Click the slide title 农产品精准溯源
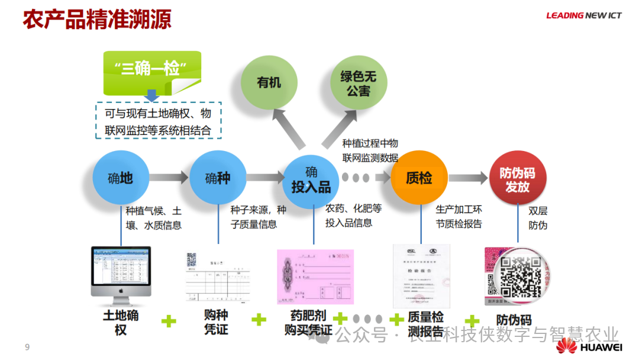point(97,19)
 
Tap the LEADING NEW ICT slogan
point(583,15)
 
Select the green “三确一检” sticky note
point(152,70)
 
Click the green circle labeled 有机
point(269,82)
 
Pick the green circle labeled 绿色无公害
point(359,82)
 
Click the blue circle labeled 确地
point(120,178)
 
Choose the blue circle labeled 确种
point(217,178)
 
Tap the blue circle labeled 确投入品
point(311,180)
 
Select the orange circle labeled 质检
point(419,178)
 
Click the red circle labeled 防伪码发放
point(517,179)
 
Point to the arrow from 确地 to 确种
point(169,178)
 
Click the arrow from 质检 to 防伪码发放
point(467,178)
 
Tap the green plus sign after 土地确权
point(169,321)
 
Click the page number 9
point(27,347)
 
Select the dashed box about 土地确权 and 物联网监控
point(158,121)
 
